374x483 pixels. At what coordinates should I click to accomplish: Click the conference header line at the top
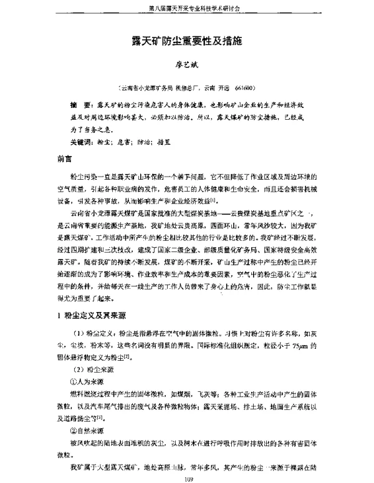186,9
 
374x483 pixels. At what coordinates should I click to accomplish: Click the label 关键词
82,142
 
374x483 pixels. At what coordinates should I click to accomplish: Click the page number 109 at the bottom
186,477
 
